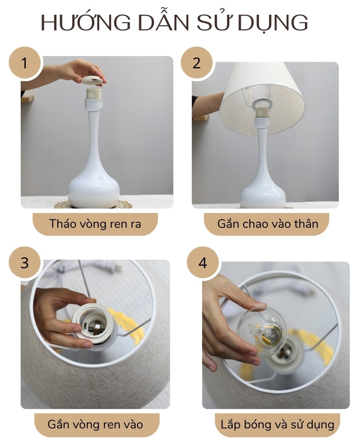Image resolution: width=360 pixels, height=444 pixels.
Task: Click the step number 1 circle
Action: pos(24,63)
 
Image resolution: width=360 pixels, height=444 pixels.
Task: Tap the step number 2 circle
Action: pos(196,63)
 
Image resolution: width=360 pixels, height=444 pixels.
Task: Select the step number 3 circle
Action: pos(24,263)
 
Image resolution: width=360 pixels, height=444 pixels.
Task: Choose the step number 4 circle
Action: pos(203,263)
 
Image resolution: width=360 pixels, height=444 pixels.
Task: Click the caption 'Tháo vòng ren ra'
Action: pos(95,224)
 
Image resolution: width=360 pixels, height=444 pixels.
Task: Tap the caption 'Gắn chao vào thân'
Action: pos(268,224)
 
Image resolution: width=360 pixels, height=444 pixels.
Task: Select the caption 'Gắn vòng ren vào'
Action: pos(95,424)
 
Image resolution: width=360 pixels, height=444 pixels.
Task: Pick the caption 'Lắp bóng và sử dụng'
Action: pos(277,424)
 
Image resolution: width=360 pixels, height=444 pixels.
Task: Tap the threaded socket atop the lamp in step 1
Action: pos(94,95)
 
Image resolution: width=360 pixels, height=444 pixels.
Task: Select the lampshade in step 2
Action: pos(262,100)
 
